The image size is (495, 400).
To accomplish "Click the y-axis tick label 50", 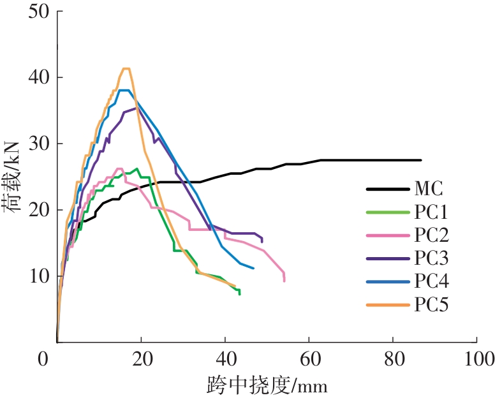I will click(x=38, y=12).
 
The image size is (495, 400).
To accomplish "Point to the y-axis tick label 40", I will click(x=38, y=78).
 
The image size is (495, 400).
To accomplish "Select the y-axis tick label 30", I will click(x=38, y=144).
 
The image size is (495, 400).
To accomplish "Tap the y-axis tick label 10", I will click(x=38, y=276).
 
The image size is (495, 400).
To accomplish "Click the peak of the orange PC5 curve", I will click(x=126, y=68).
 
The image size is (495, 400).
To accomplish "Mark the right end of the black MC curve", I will click(x=421, y=160).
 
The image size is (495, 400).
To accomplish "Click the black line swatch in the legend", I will click(x=387, y=189).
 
